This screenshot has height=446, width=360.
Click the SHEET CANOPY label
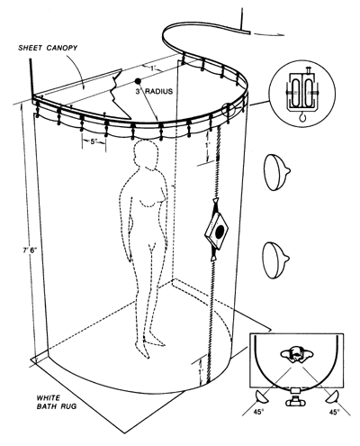pyautogui.click(x=48, y=48)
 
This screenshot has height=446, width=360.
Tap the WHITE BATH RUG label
pyautogui.click(x=57, y=402)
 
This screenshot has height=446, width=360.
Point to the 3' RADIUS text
pyautogui.click(x=154, y=91)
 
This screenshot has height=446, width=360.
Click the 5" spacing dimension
pyautogui.click(x=94, y=141)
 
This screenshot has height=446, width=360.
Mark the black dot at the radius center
pyautogui.click(x=138, y=81)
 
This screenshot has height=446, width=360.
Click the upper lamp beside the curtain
pyautogui.click(x=276, y=172)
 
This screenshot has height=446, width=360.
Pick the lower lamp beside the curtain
pyautogui.click(x=275, y=260)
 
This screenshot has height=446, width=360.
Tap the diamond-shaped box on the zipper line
pyautogui.click(x=216, y=231)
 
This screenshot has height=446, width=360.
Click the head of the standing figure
pyautogui.click(x=146, y=153)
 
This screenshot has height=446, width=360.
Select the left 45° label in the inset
pyautogui.click(x=258, y=412)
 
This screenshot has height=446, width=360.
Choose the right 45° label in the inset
pyautogui.click(x=334, y=412)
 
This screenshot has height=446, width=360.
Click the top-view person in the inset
pyautogui.click(x=297, y=354)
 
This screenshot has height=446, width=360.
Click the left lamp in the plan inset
pyautogui.click(x=262, y=396)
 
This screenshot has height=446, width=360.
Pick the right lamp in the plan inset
pyautogui.click(x=332, y=396)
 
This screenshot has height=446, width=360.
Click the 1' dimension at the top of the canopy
pyautogui.click(x=154, y=68)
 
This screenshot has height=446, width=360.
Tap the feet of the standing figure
pyautogui.click(x=150, y=345)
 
